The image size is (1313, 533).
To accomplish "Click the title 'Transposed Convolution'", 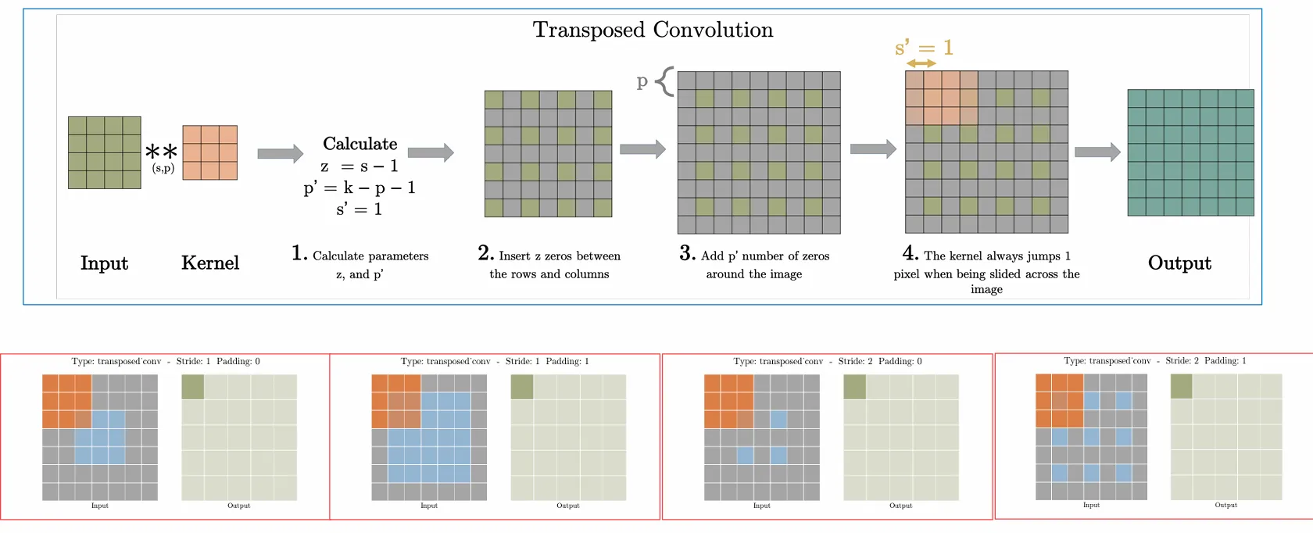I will (653, 30).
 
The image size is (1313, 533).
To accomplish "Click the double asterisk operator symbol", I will (162, 151).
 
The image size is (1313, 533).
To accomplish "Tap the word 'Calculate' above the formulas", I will (360, 144).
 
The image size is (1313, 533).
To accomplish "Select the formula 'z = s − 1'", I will (359, 166).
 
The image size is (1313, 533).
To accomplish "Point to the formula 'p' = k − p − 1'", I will (359, 188).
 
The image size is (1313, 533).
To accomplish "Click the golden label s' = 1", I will (924, 48).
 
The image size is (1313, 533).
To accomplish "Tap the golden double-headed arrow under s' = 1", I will (921, 63).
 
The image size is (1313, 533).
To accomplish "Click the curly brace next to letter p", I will (664, 81).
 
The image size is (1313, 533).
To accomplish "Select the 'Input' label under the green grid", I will (104, 263).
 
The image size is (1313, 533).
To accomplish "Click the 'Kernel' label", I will (210, 263).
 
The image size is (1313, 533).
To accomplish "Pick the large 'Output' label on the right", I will (1179, 263).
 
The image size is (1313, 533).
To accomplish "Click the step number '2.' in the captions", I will (485, 253).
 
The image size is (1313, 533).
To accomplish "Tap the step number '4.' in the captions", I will (910, 253).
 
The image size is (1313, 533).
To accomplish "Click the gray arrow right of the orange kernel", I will (280, 153).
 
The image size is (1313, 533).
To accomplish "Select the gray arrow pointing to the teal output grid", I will (1097, 152).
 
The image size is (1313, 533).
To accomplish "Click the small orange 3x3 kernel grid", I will (209, 152).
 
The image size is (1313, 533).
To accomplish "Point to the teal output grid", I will (1190, 152).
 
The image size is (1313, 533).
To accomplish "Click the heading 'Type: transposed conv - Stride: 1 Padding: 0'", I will (166, 361).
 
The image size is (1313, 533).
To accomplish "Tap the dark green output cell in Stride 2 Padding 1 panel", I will (1181, 386).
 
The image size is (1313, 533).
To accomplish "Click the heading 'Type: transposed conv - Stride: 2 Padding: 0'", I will (828, 361).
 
